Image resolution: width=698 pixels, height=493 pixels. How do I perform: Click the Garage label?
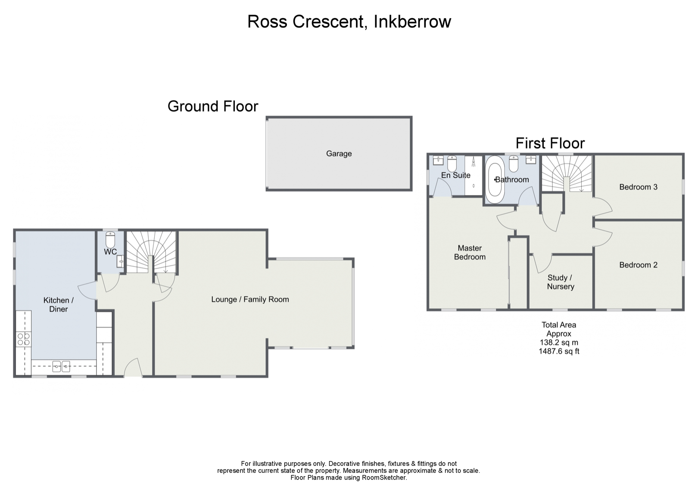point(339,153)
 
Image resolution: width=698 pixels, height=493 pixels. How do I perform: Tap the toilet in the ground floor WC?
point(110,239)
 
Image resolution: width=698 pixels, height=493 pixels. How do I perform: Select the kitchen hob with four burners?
point(24,339)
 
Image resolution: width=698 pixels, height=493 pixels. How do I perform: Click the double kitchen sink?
point(61,366)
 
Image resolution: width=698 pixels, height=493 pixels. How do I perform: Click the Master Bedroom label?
point(470,252)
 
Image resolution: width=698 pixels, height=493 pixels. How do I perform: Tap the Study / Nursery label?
point(560,282)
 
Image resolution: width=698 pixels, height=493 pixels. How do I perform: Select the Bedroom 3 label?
point(638,187)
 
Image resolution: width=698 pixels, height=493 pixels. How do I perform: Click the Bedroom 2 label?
point(638,265)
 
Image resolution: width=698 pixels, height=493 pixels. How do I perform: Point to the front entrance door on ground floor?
point(133,368)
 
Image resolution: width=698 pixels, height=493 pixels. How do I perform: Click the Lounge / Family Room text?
point(250,299)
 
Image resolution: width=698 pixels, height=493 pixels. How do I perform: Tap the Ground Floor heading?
point(213,106)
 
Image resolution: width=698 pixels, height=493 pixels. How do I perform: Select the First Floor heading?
point(550,143)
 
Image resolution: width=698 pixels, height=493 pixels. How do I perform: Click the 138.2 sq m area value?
point(559,342)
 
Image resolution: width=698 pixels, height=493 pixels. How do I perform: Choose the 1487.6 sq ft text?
point(559,351)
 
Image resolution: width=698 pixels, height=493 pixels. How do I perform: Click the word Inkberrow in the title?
point(412,22)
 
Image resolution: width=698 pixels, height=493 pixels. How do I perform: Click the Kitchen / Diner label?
point(58,304)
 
